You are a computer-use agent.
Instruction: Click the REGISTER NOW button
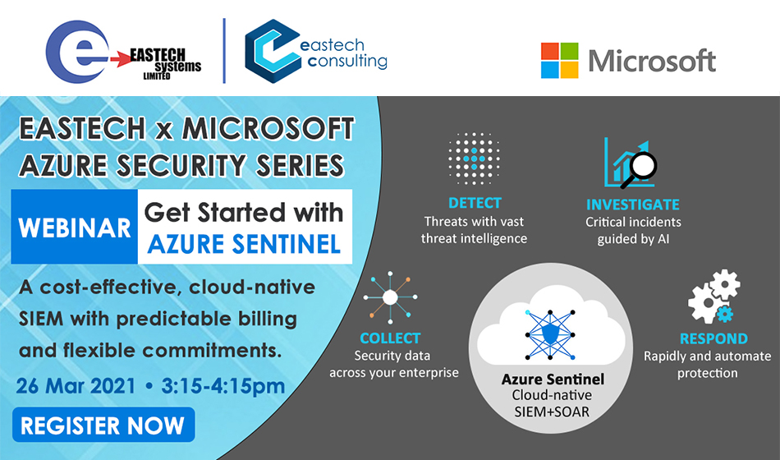pyautogui.click(x=103, y=425)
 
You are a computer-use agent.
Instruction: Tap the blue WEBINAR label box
pyautogui.click(x=75, y=227)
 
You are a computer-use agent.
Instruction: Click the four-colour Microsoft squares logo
pyautogui.click(x=560, y=60)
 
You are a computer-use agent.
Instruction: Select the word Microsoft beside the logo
pyautogui.click(x=652, y=61)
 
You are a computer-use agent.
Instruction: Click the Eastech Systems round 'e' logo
pyautogui.click(x=77, y=51)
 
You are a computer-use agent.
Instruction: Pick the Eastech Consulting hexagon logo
pyautogui.click(x=273, y=51)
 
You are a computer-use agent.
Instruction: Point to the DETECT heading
pyautogui.click(x=475, y=203)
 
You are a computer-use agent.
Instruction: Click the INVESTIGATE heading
pyautogui.click(x=633, y=204)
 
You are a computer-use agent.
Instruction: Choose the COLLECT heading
pyautogui.click(x=390, y=338)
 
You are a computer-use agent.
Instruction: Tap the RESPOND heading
pyautogui.click(x=713, y=338)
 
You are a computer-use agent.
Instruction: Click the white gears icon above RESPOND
pyautogui.click(x=713, y=297)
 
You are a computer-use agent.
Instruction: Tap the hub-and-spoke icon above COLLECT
pyautogui.click(x=390, y=297)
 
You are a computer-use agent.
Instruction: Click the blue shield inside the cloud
pyautogui.click(x=550, y=333)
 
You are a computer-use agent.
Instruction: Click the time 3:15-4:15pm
pyautogui.click(x=223, y=386)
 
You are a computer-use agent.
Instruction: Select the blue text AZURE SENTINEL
pyautogui.click(x=244, y=244)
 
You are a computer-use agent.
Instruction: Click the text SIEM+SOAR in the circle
pyautogui.click(x=553, y=412)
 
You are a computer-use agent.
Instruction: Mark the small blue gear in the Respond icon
pyautogui.click(x=724, y=315)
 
